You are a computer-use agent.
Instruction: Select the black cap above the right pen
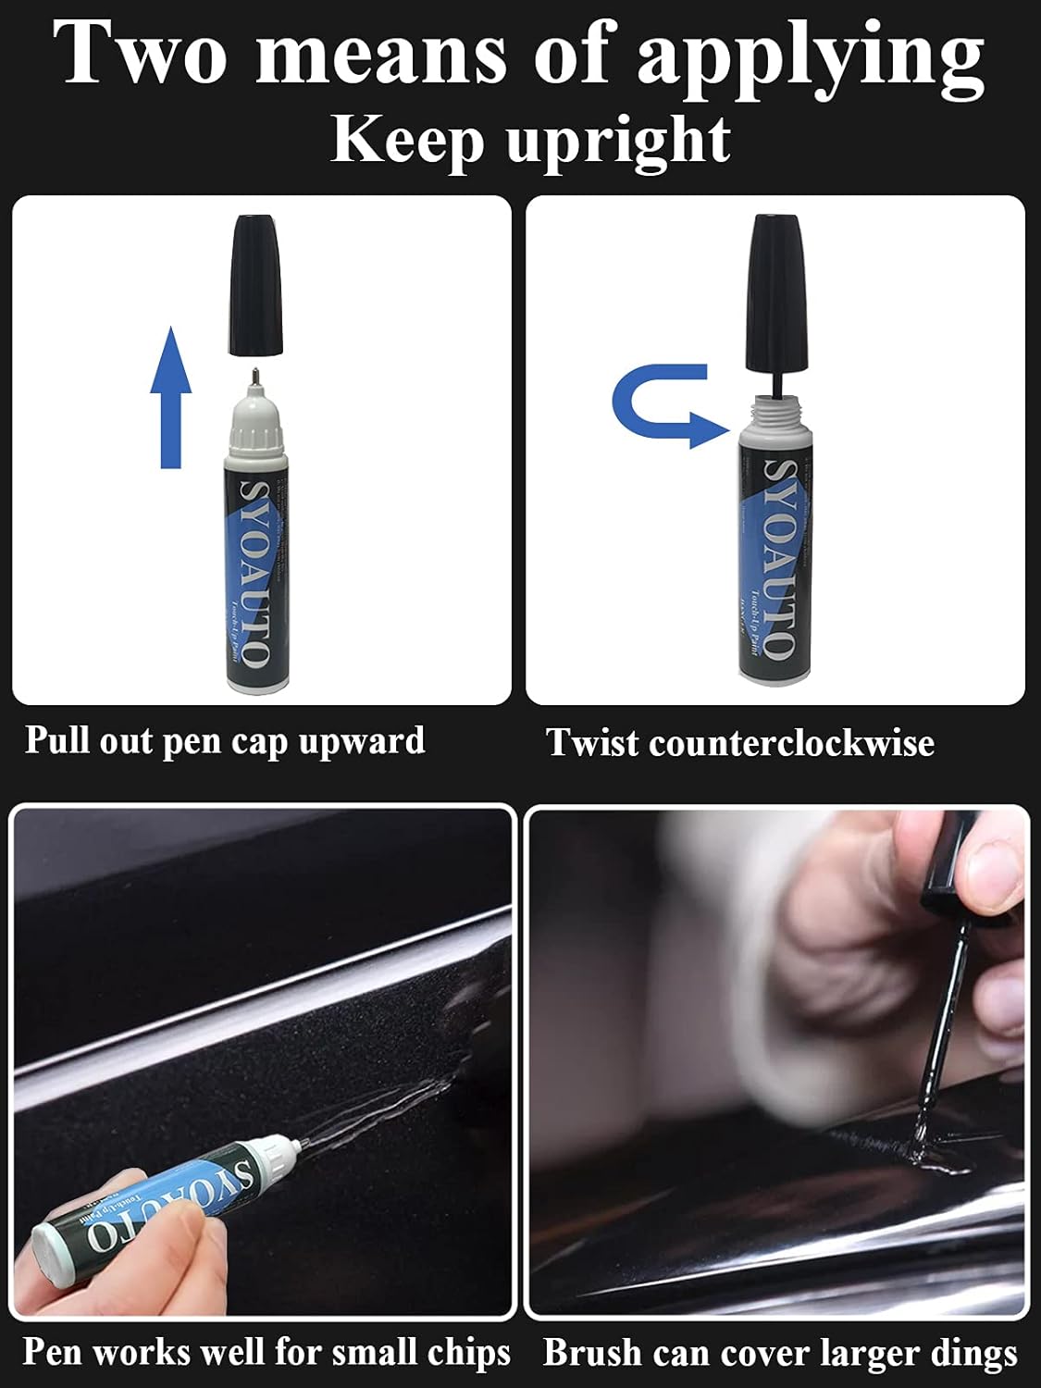(x=776, y=291)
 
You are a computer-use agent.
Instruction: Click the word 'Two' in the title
(x=139, y=54)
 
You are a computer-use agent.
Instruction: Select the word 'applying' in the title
(x=810, y=57)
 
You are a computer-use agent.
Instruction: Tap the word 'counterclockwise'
(x=791, y=743)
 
